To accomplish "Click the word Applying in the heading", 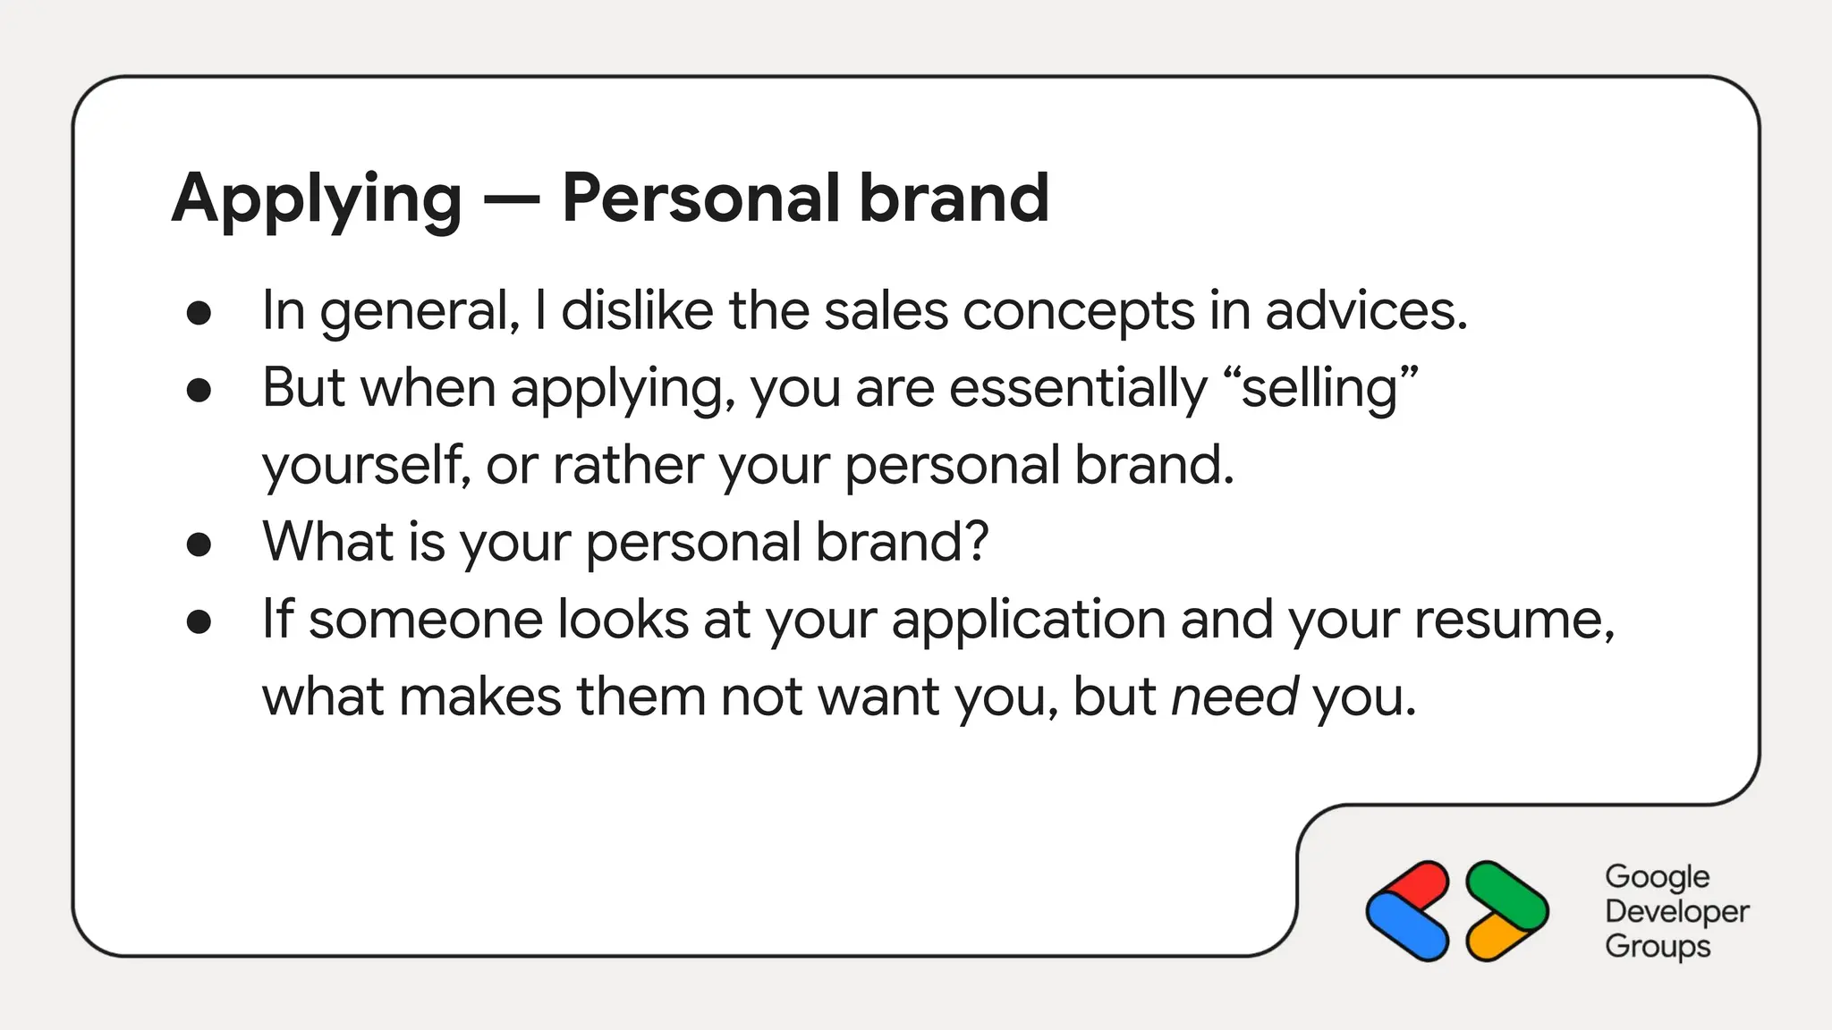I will pos(317,198).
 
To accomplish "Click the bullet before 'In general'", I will pos(199,313).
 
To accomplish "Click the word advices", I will pos(1366,311).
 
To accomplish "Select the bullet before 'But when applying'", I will pos(199,390).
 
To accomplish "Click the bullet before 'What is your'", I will pos(199,544).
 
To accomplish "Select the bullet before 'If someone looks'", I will pos(199,621).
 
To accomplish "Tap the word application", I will pos(1028,621).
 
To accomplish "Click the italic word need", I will pos(1234,697).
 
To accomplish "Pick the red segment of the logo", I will pos(1418,882).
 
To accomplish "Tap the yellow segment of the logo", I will pos(1492,940).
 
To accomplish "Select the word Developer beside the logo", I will pos(1676,911).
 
